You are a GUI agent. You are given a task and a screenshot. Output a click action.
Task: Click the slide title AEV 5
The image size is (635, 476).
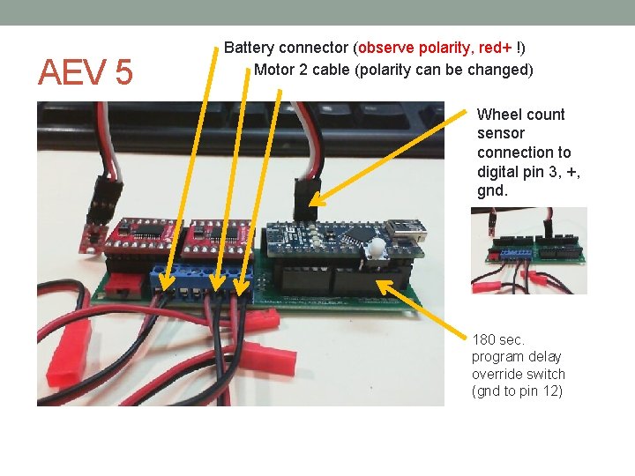[x=85, y=73]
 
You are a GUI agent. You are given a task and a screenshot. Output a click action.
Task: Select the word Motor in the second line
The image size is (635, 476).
[x=275, y=69]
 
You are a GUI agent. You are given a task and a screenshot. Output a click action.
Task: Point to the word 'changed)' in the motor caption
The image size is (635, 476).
[x=502, y=69]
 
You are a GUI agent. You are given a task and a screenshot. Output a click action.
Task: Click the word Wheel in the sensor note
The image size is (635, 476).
[x=497, y=114]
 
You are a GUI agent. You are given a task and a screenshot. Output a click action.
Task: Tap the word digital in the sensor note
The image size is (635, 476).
[x=498, y=171]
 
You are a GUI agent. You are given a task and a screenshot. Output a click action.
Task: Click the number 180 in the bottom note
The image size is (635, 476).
[x=486, y=339]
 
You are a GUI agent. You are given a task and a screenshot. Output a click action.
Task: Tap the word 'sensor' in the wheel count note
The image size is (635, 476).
[x=501, y=133]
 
